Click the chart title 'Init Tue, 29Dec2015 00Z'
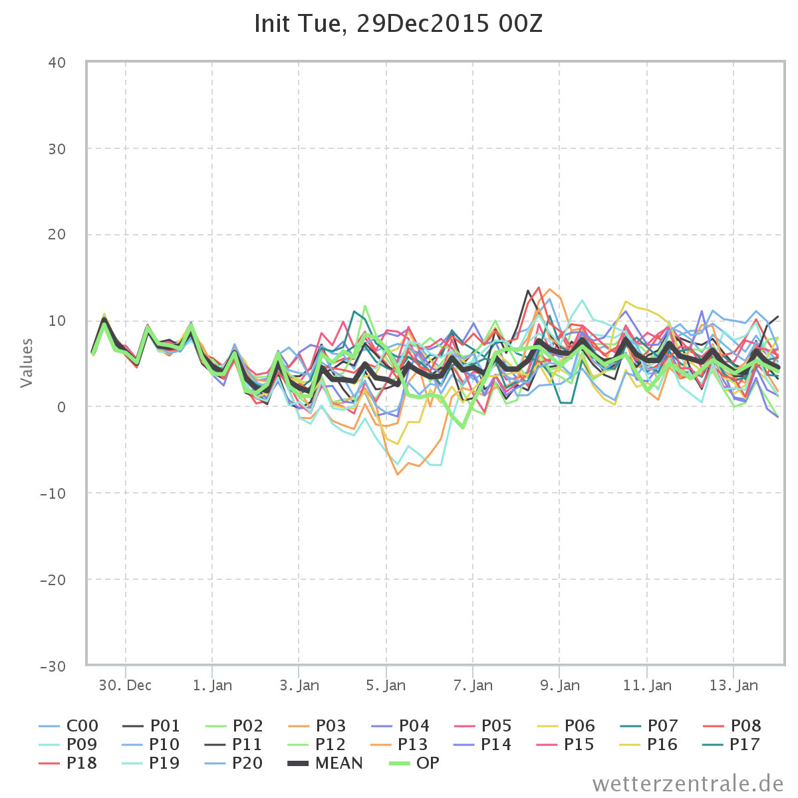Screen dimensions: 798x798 398,23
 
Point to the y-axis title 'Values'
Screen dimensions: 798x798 27,363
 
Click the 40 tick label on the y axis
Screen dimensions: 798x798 57,63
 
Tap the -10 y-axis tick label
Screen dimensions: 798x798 53,493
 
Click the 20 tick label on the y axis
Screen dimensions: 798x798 57,235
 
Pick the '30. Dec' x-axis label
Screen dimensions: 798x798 125,686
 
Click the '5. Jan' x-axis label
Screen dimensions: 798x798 386,686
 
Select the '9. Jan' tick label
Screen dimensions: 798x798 560,686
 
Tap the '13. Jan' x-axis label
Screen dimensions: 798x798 733,686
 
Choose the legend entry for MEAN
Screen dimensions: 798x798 325,763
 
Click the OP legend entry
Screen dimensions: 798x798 414,763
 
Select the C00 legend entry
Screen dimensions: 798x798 68,726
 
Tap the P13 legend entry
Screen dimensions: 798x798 400,745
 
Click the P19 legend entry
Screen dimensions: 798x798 151,763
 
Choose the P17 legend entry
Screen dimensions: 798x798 731,745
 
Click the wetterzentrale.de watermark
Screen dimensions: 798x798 688,784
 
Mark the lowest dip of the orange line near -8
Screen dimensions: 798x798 398,474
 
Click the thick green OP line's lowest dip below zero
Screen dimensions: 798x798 463,428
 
